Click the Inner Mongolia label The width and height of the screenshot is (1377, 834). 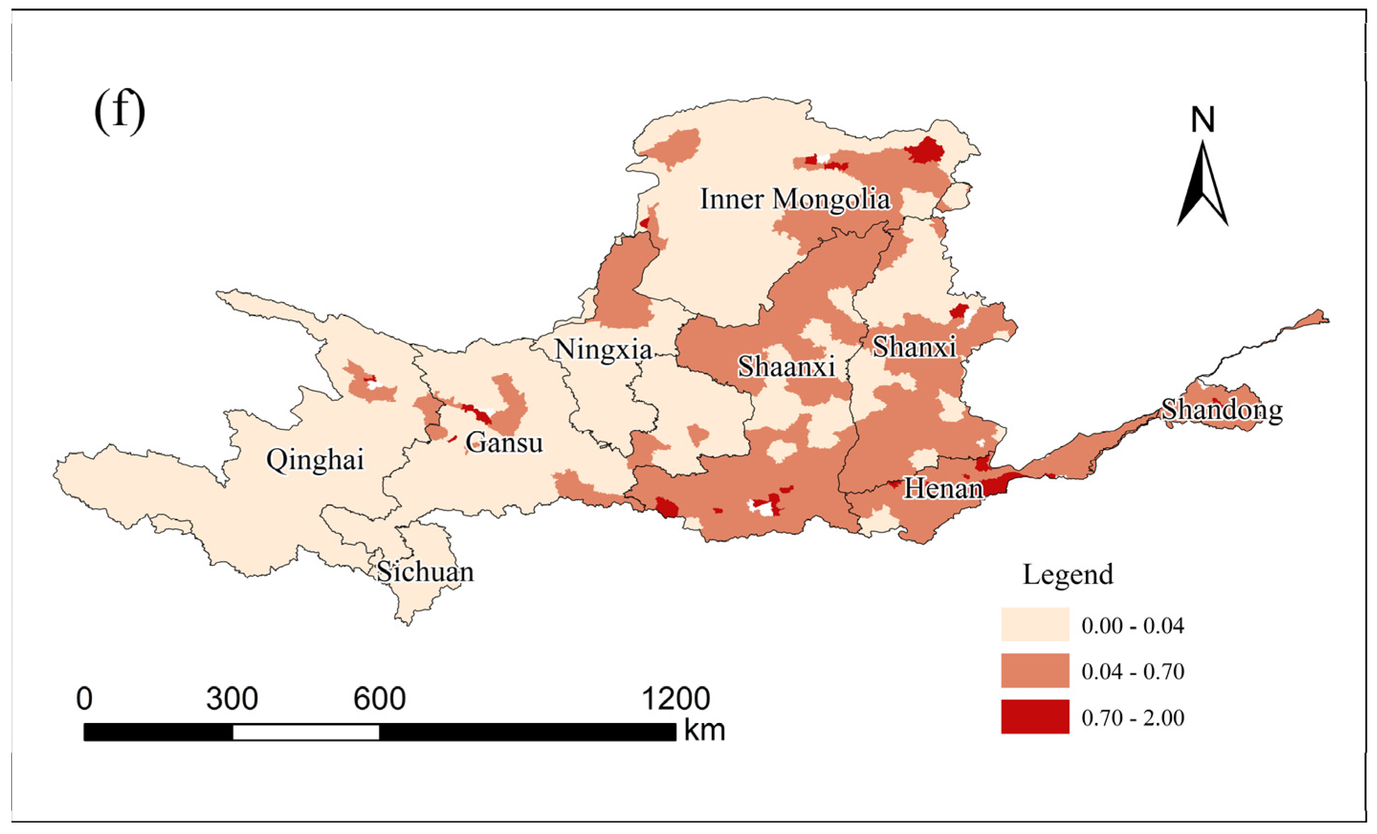(x=795, y=199)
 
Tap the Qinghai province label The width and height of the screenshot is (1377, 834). (x=315, y=461)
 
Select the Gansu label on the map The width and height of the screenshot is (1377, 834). (x=504, y=443)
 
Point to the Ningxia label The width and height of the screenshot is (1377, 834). (x=603, y=351)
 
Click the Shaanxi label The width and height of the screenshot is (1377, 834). (x=787, y=367)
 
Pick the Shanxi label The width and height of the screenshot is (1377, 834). (x=914, y=347)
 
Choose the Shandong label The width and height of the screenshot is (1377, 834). (x=1222, y=410)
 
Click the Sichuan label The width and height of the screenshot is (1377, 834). (x=425, y=572)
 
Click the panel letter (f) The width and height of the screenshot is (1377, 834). (x=120, y=111)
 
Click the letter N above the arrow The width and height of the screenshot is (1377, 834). (x=1202, y=120)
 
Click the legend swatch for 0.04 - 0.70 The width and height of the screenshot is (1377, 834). (x=1035, y=670)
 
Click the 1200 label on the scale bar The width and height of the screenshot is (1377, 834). (x=676, y=699)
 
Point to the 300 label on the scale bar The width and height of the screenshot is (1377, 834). (x=232, y=699)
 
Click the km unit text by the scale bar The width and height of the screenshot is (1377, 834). (x=704, y=731)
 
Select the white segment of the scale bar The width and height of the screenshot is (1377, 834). (x=306, y=732)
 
